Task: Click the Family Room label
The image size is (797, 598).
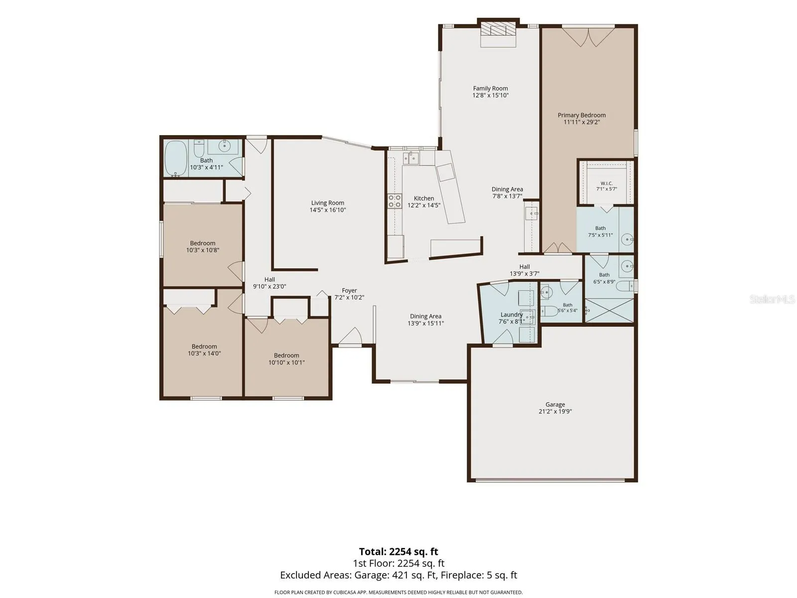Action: click(490, 88)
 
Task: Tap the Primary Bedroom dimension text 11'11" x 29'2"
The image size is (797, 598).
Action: click(581, 122)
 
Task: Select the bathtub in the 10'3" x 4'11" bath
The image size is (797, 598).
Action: click(176, 158)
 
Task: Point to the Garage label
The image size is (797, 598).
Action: click(555, 404)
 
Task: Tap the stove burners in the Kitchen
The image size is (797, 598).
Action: click(395, 201)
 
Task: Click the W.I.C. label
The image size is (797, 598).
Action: click(606, 183)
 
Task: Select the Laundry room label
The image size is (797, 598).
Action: click(511, 314)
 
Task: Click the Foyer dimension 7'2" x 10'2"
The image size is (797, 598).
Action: click(349, 298)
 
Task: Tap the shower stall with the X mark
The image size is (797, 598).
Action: click(609, 310)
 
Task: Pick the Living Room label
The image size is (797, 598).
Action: click(327, 203)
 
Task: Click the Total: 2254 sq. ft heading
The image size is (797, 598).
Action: click(398, 552)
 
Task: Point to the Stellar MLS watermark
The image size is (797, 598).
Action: click(772, 299)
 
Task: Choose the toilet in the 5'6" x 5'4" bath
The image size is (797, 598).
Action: click(549, 311)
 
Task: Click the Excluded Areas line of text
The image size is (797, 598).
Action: click(398, 575)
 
